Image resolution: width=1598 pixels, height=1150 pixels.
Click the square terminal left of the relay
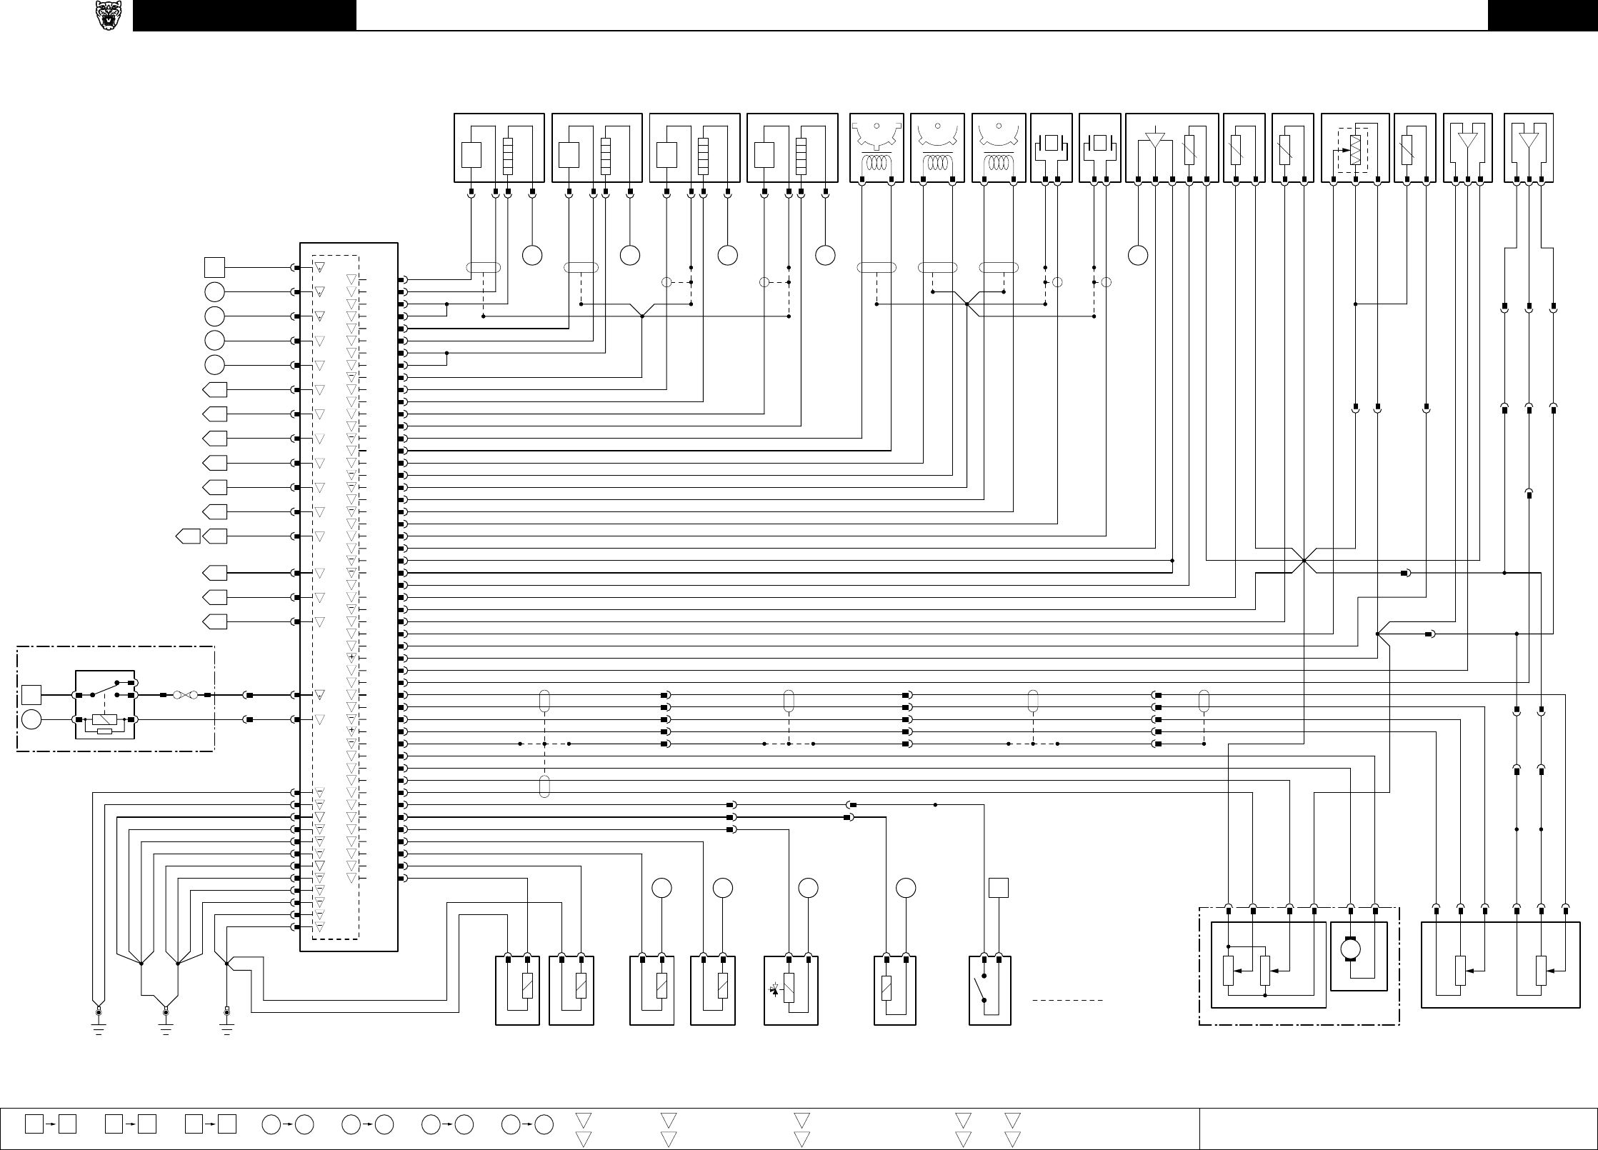31,694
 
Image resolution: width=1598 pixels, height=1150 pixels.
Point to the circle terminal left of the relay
31,719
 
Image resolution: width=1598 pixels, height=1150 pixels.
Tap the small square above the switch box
998,888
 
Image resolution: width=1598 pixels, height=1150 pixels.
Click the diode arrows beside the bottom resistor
774,989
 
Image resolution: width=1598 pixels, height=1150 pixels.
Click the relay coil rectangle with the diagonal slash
105,719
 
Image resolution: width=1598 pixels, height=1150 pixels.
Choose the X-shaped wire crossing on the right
1304,561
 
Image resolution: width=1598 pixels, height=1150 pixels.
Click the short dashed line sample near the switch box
1068,1000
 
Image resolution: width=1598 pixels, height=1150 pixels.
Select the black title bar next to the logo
244,16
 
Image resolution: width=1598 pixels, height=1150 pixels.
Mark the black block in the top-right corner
1542,16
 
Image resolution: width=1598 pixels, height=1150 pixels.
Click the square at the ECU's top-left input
215,268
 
